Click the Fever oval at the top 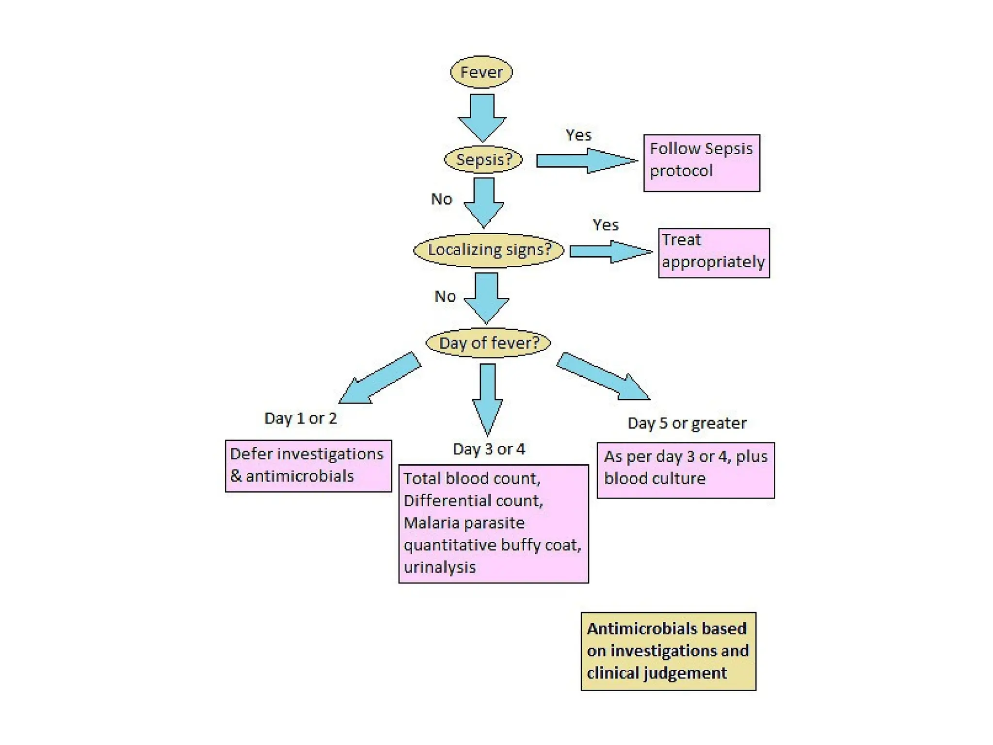coord(481,72)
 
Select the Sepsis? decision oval coord(483,160)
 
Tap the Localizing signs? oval coord(489,250)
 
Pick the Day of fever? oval coord(488,343)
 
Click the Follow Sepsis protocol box coord(701,163)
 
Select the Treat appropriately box coord(713,253)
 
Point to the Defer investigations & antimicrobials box coord(308,466)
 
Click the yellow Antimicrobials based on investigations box coord(668,651)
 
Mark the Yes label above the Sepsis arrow coord(578,135)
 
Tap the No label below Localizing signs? coord(445,296)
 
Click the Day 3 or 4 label coord(489,449)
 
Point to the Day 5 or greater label coord(687,423)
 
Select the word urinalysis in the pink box coord(439,567)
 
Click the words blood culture coord(654,479)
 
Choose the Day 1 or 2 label coord(300,418)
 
